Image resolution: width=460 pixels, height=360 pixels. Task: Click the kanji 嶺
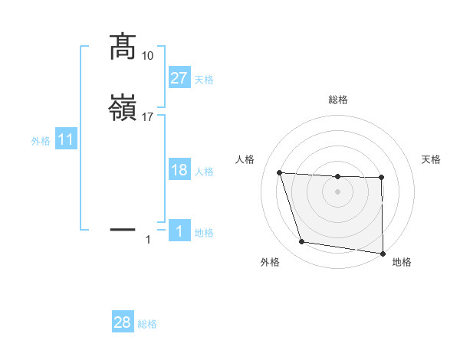point(123,109)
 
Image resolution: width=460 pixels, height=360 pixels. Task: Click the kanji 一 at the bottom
point(123,229)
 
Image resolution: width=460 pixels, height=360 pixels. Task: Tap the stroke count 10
point(148,56)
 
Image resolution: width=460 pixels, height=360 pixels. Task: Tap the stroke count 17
point(148,117)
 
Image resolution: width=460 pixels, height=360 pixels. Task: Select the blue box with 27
point(179,78)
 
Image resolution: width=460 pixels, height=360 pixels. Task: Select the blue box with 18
point(179,170)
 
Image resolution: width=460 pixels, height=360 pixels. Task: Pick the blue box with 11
point(66,140)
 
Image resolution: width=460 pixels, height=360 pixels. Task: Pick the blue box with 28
point(123,323)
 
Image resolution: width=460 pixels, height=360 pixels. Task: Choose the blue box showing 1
point(179,231)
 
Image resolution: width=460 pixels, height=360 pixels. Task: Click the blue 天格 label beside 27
point(204,80)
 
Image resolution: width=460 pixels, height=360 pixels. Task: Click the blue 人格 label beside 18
point(204,172)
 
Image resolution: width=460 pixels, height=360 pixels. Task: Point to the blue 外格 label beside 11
point(41,141)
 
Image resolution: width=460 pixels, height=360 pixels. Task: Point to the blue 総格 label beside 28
point(147,324)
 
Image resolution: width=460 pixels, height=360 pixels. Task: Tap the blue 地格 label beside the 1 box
point(204,233)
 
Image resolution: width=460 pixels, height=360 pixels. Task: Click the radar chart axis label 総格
point(338,100)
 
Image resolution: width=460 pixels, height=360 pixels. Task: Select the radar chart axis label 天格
point(431,159)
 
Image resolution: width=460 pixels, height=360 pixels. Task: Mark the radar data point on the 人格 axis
point(280,173)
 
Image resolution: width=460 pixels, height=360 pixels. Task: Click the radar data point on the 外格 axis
point(302,242)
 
